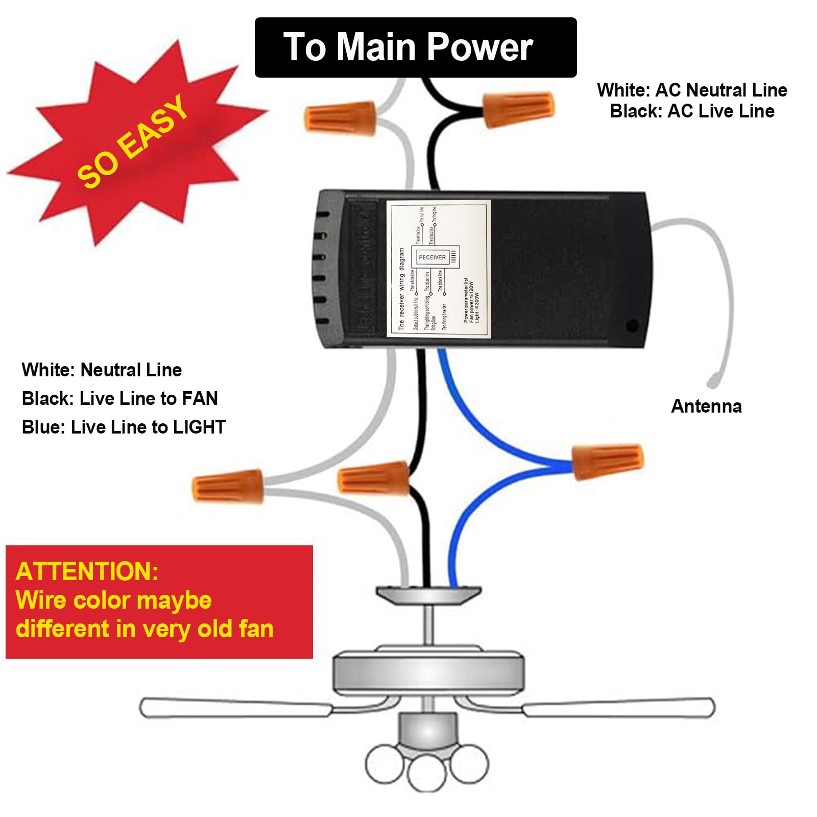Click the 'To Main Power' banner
coord(415,47)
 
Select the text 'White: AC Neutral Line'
coord(692,90)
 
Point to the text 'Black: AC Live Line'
coord(692,111)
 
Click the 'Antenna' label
coord(706,406)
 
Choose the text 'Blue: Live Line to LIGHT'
coord(124,427)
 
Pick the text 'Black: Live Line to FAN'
coord(120,398)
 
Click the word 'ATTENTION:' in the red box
coord(87,571)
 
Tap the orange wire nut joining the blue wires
coord(607,461)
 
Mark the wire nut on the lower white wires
coord(228,486)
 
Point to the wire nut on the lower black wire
coord(374,478)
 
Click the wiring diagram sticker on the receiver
coord(439,269)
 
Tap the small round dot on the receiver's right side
coord(632,325)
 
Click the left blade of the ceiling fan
coord(235,707)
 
